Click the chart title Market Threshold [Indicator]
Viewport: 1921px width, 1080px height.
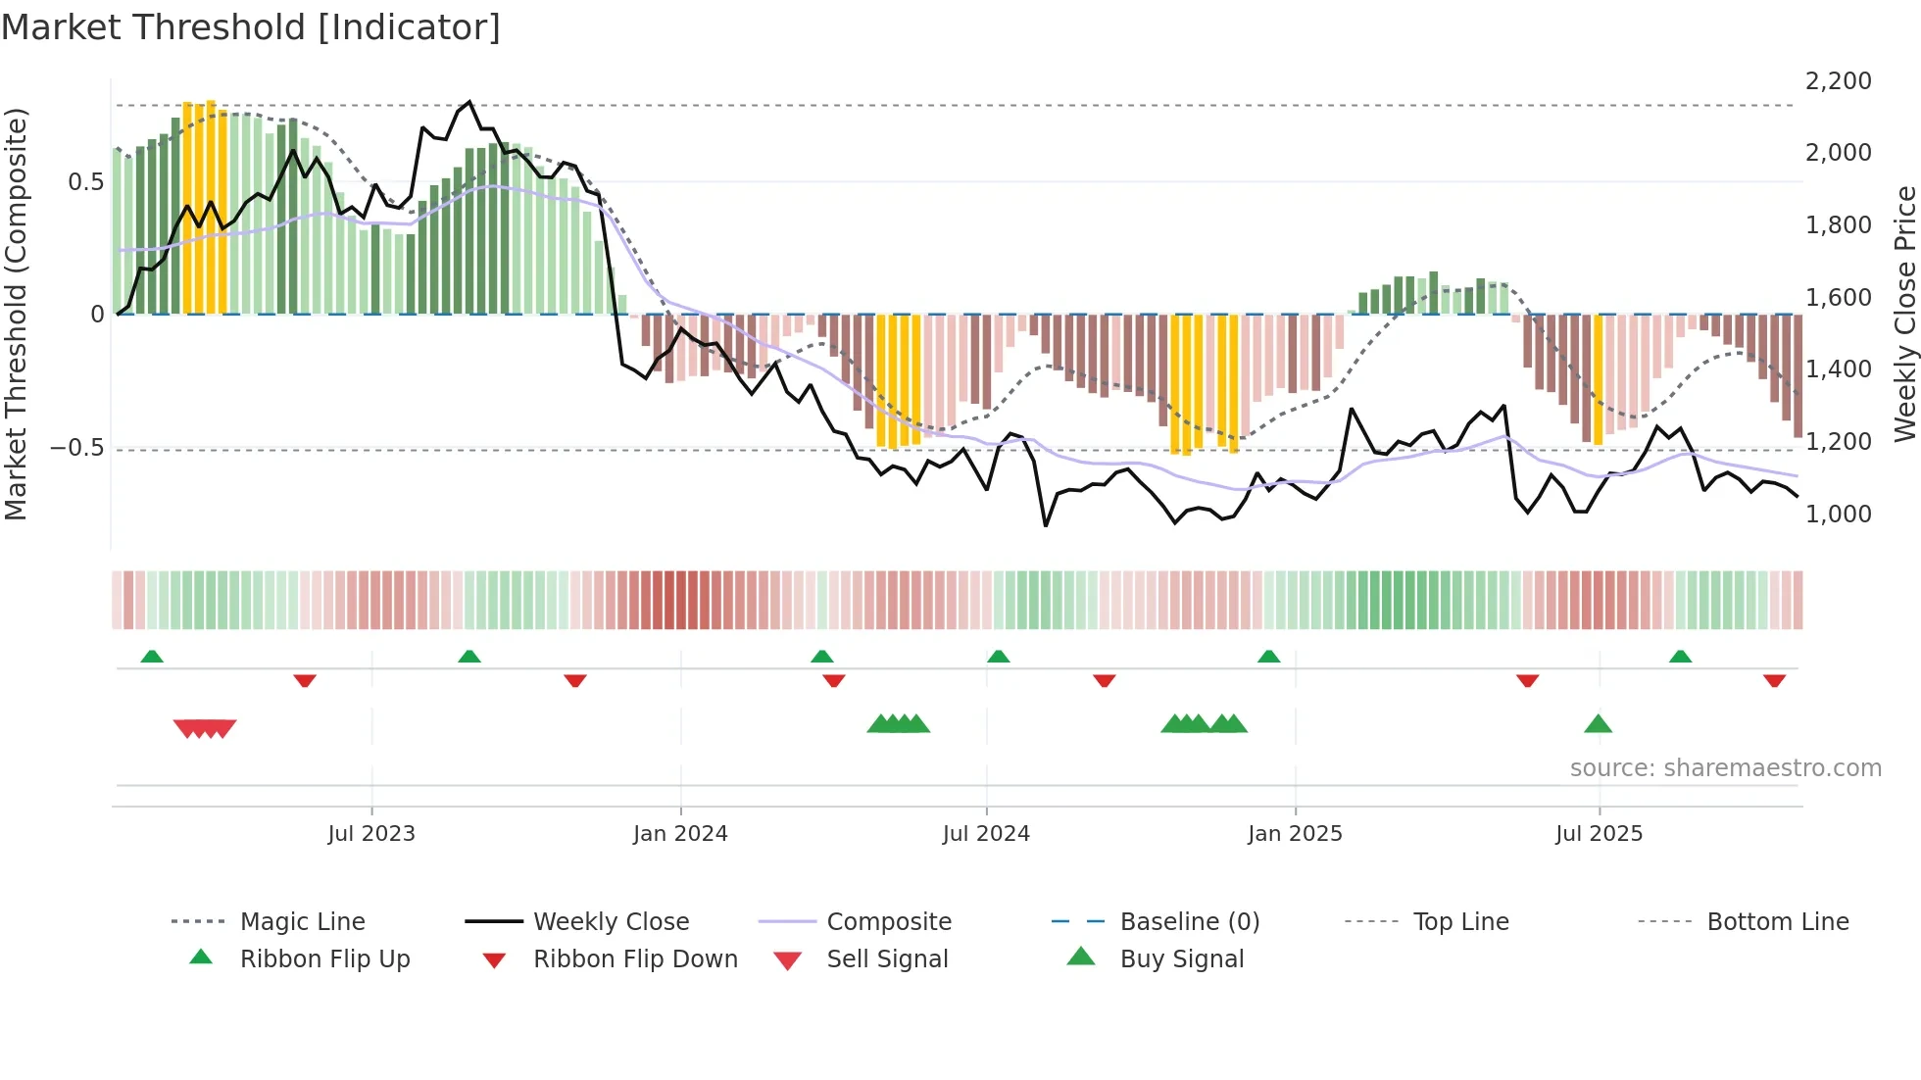pyautogui.click(x=251, y=27)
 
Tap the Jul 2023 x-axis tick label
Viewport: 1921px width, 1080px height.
pyautogui.click(x=371, y=834)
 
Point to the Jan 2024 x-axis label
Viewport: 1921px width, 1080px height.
pyautogui.click(x=680, y=834)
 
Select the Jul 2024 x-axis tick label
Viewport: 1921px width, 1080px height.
pyautogui.click(x=986, y=834)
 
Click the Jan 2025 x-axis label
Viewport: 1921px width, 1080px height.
pyautogui.click(x=1295, y=834)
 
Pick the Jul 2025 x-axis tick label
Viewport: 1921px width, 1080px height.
pyautogui.click(x=1599, y=834)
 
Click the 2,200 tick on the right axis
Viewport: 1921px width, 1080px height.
pyautogui.click(x=1839, y=81)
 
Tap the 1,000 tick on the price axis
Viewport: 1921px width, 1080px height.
pyautogui.click(x=1839, y=515)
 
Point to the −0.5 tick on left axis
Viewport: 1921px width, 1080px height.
pyautogui.click(x=76, y=448)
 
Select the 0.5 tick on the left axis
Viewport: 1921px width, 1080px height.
pyautogui.click(x=86, y=182)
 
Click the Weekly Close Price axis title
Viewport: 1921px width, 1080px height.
pyautogui.click(x=1904, y=314)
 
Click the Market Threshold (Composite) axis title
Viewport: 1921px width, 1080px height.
pyautogui.click(x=16, y=314)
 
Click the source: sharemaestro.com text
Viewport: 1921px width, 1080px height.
pyautogui.click(x=1725, y=768)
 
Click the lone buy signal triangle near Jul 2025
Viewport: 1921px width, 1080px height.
pyautogui.click(x=1598, y=724)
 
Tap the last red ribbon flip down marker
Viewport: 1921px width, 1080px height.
pyautogui.click(x=1774, y=680)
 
